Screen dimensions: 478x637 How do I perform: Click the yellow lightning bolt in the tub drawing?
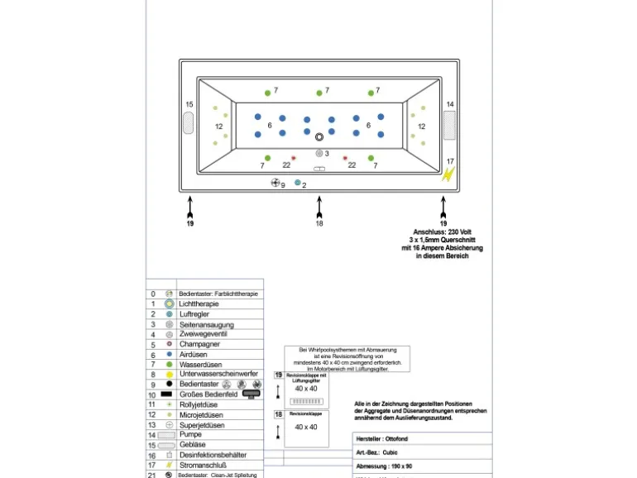449,174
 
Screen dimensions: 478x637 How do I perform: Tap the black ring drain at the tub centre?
319,136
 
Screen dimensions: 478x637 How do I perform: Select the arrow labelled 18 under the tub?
319,206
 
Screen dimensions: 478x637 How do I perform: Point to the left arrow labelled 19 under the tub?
190,206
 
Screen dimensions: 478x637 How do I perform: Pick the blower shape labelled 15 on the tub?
189,123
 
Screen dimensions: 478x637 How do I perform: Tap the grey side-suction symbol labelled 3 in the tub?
319,153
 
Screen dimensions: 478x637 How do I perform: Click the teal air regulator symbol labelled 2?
298,183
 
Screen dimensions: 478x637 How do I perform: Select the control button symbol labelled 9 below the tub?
275,183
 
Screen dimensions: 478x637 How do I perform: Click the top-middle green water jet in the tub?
319,93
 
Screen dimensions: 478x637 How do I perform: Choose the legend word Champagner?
201,344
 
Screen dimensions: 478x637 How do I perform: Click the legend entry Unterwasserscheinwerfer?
218,374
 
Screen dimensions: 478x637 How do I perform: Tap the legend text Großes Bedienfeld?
208,394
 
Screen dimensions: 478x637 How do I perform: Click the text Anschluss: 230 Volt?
443,232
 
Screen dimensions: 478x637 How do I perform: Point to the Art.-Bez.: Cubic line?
377,453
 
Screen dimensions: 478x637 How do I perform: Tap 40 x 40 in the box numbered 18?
306,427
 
